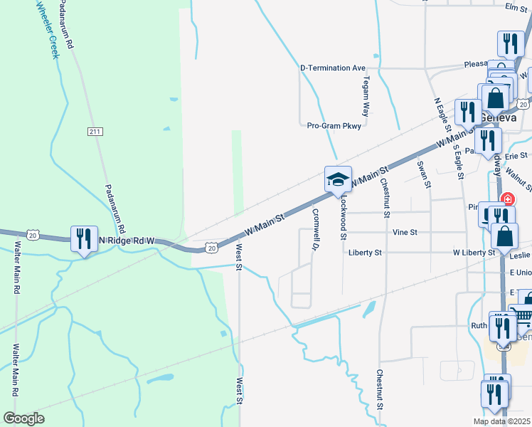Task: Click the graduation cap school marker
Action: (x=339, y=179)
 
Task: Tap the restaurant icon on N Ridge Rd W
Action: (x=85, y=240)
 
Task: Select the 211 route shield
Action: (x=96, y=132)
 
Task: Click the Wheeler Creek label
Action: (x=47, y=28)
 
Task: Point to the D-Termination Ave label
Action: (x=332, y=68)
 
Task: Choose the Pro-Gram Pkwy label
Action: (x=334, y=125)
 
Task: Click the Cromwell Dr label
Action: (x=313, y=229)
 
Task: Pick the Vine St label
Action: (x=404, y=232)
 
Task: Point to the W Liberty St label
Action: (x=474, y=253)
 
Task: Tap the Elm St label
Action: (x=514, y=7)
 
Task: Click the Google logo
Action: (x=24, y=418)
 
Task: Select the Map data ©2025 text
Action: (x=501, y=421)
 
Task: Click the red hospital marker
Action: (x=507, y=200)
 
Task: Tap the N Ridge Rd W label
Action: (x=127, y=241)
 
